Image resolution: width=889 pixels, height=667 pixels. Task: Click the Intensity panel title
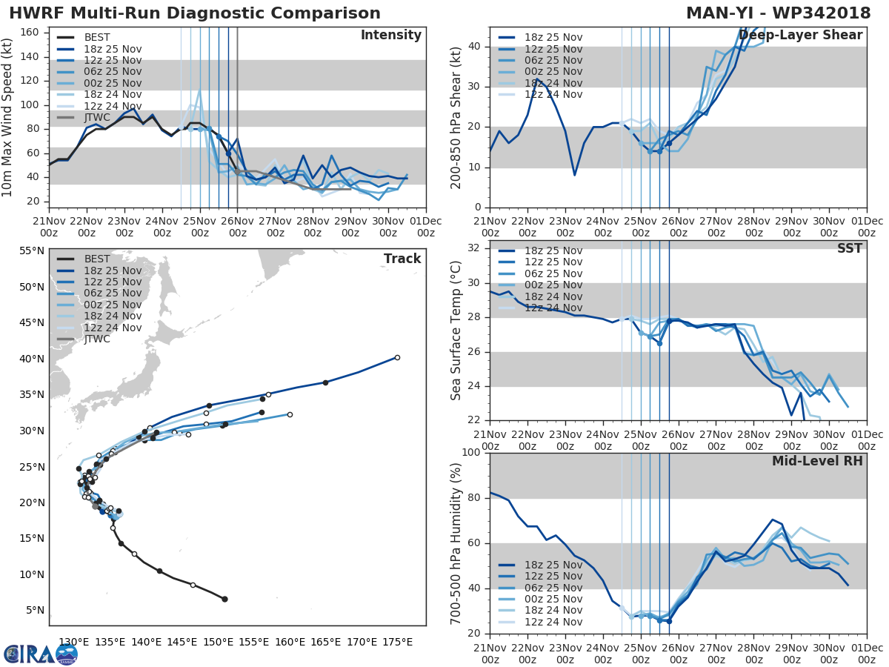390,36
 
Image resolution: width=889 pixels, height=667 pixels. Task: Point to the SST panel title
849,248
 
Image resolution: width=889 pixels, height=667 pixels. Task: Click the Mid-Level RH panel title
817,462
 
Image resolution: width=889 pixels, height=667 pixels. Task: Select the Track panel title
402,259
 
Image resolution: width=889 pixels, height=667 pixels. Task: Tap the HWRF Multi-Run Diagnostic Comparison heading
195,13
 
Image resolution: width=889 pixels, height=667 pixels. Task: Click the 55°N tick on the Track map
30,251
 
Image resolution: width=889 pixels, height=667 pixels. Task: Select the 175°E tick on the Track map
397,642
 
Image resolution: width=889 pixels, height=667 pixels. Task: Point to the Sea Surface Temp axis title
456,330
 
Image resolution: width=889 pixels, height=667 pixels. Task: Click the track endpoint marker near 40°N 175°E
397,357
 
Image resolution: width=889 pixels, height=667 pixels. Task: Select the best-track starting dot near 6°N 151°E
224,599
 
